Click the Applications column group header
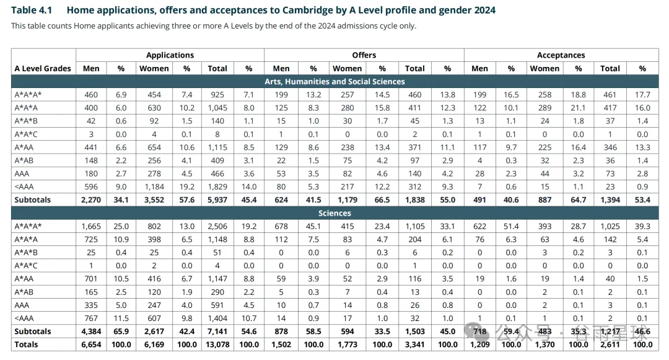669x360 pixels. pos(170,55)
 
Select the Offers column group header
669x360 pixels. pos(364,55)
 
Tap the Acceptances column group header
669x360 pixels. pos(561,55)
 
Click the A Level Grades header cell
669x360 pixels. pos(43,68)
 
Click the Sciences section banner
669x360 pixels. pos(334,213)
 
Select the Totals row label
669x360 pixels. pos(26,345)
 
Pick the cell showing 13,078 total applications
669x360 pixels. pos(217,345)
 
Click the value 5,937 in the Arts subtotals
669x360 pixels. pos(217,200)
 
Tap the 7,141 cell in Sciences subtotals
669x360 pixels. pos(217,331)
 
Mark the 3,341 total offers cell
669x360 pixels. pos(414,345)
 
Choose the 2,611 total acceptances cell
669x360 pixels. pos(610,345)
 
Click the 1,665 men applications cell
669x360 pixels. pos(91,226)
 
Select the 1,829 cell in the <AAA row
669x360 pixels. pos(217,187)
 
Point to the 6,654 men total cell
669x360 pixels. pos(91,345)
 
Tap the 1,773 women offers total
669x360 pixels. pos(347,345)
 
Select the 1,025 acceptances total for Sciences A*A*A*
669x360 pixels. pos(610,226)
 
